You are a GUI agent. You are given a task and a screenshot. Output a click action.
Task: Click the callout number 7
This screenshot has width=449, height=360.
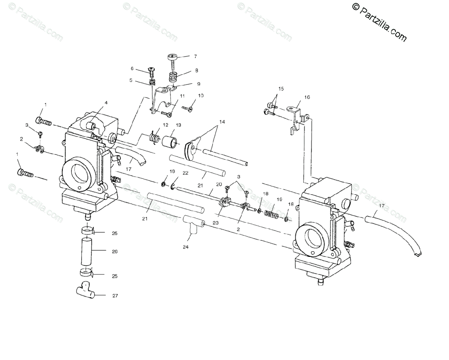195,57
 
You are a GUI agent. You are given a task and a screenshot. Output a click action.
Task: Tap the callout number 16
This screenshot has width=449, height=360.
307,97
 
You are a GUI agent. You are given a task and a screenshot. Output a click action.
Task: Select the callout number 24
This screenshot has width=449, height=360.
186,247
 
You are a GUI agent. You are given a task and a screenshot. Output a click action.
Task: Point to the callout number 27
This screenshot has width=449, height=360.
115,296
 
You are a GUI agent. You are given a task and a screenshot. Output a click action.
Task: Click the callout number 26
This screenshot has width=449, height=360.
114,252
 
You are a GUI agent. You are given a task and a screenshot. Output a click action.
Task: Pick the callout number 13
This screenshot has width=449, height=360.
178,125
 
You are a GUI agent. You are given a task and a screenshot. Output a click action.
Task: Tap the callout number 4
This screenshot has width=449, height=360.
106,102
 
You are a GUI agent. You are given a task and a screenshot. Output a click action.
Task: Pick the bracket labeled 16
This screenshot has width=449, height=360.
296,118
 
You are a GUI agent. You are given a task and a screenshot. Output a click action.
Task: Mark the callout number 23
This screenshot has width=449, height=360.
215,222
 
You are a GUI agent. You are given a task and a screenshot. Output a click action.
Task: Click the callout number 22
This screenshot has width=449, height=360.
185,173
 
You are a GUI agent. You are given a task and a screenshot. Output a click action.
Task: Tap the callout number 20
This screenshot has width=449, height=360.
219,184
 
